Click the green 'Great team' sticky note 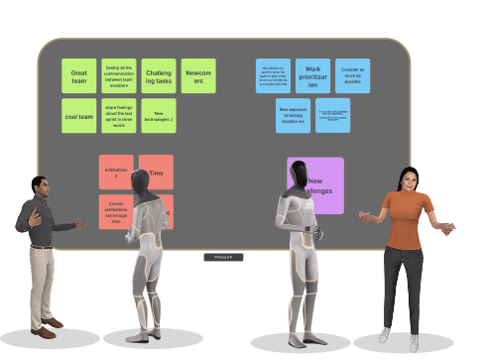coord(79,75)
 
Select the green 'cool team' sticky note coord(79,115)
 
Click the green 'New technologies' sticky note coord(159,115)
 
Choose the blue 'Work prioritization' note coord(312,76)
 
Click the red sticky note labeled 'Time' coord(157,172)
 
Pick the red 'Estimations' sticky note coord(116,172)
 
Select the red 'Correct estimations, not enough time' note coord(115,209)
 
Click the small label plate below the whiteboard coord(223,257)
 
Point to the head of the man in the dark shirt coord(39,185)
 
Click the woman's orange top coord(404,219)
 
